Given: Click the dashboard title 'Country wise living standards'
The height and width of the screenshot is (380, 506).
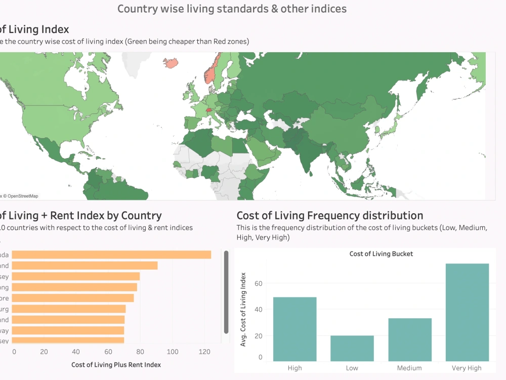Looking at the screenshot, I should pyautogui.click(x=232, y=9).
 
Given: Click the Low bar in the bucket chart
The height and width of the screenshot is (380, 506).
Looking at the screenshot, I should pyautogui.click(x=352, y=348).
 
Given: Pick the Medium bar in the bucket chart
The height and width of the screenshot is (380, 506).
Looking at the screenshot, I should pyautogui.click(x=410, y=339).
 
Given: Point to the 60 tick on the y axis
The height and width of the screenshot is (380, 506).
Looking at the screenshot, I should pyautogui.click(x=258, y=283).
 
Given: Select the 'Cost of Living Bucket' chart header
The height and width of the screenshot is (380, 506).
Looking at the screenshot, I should pyautogui.click(x=381, y=254).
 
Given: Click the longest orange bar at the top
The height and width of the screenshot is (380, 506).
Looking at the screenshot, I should pyautogui.click(x=111, y=254).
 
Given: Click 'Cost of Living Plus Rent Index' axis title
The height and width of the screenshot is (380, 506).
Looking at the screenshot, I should pyautogui.click(x=116, y=364).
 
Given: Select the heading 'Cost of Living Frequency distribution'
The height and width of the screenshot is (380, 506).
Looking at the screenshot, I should pyautogui.click(x=329, y=215).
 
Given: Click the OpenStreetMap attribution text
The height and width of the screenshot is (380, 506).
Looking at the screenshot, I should pyautogui.click(x=20, y=196).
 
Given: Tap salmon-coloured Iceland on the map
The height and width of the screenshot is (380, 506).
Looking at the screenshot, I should pyautogui.click(x=172, y=63).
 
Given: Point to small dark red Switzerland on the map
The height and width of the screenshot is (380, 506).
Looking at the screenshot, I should pyautogui.click(x=209, y=108).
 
